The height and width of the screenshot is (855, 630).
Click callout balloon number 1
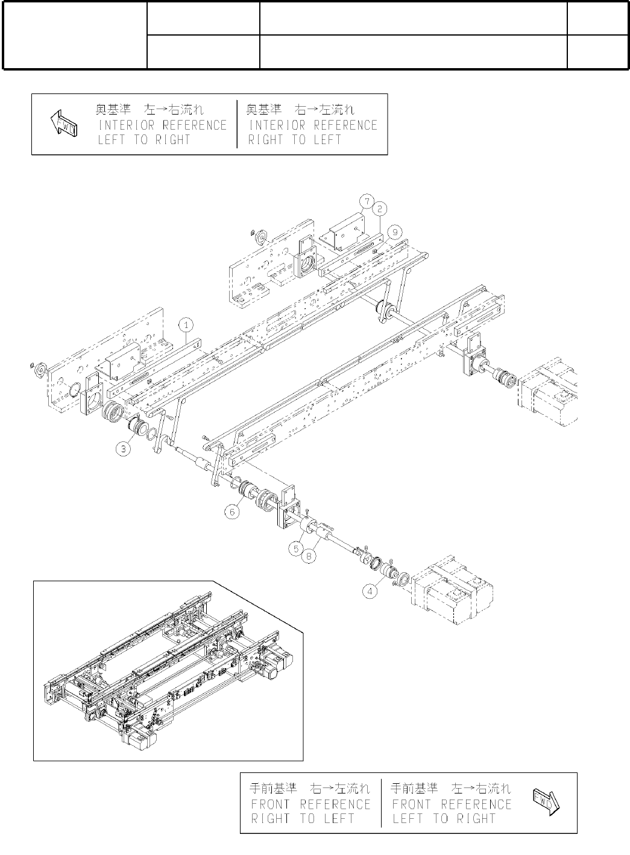click(187, 324)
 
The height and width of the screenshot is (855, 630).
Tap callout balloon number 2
click(379, 209)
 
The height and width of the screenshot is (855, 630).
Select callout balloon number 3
click(124, 449)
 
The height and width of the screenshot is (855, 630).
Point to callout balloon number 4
click(370, 591)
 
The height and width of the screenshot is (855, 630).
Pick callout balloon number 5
click(296, 548)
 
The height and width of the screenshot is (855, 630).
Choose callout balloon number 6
click(233, 512)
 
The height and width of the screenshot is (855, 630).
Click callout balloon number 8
click(309, 556)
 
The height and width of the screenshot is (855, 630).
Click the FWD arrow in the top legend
click(63, 124)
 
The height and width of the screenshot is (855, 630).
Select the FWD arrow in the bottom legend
click(546, 802)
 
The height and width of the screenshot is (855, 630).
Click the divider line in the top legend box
click(238, 124)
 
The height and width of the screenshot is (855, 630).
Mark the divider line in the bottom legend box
click(381, 803)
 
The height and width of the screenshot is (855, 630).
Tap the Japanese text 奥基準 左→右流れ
click(150, 110)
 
